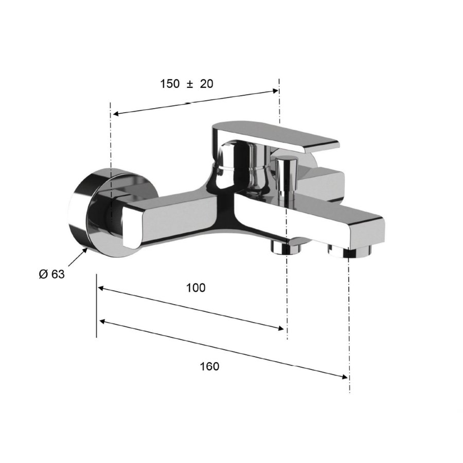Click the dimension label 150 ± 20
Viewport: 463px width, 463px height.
point(186,84)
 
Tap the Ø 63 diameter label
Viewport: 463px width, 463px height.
point(51,274)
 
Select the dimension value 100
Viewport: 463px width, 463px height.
point(195,288)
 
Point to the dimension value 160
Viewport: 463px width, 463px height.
point(209,366)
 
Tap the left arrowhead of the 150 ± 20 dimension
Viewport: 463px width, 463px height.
point(116,115)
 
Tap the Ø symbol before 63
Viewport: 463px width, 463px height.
point(43,274)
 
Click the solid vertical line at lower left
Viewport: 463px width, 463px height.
point(97,306)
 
